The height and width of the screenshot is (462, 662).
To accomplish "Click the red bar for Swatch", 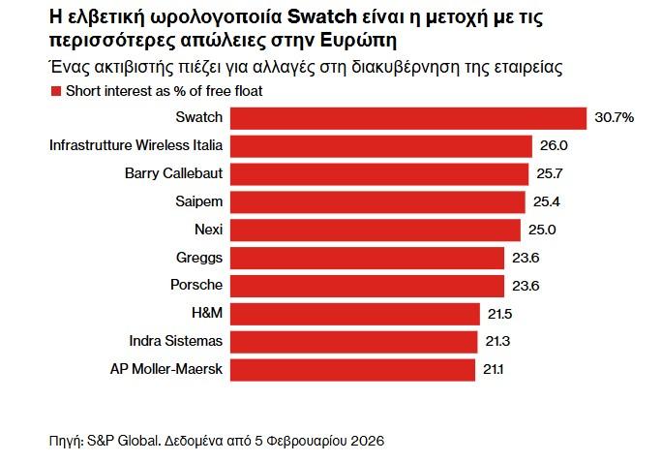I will coord(408,117).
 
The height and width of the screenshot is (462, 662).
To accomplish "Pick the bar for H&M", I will coord(354,313).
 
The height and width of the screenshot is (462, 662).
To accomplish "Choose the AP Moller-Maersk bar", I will coord(352,369).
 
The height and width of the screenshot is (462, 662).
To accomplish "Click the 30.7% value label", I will coord(615,117).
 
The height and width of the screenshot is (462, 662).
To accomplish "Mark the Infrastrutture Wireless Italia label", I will coord(135,145).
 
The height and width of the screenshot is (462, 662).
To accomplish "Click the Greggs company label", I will coord(199,258).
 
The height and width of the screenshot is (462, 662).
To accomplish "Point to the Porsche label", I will coord(197,285).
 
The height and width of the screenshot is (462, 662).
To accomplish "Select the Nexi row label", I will coord(208,230).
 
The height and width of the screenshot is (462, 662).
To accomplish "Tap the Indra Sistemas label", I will coord(175,341).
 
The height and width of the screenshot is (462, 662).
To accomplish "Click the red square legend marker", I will coord(53,91).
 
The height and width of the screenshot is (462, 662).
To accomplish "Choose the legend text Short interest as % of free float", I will coord(164,91).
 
